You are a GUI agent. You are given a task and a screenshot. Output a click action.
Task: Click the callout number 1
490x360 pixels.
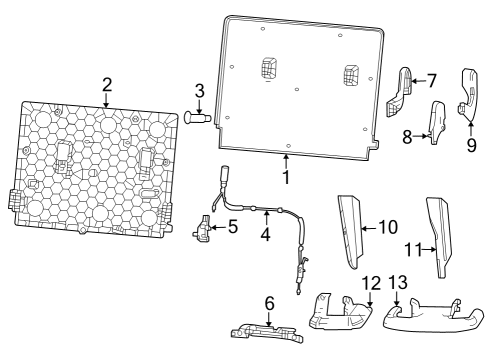(285, 178)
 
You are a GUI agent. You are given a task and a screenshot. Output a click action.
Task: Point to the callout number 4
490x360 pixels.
(265, 236)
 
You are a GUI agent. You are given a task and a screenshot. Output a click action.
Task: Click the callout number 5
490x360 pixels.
(232, 227)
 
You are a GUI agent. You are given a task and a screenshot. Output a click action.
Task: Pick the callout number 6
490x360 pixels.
(269, 302)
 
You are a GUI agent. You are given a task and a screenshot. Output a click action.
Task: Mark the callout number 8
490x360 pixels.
(408, 136)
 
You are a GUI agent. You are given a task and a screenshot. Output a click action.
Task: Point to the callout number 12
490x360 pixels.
(371, 283)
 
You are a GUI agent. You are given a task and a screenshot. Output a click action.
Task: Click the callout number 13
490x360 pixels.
(399, 283)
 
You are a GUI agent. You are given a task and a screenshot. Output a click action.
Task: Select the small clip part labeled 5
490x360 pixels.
(206, 230)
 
